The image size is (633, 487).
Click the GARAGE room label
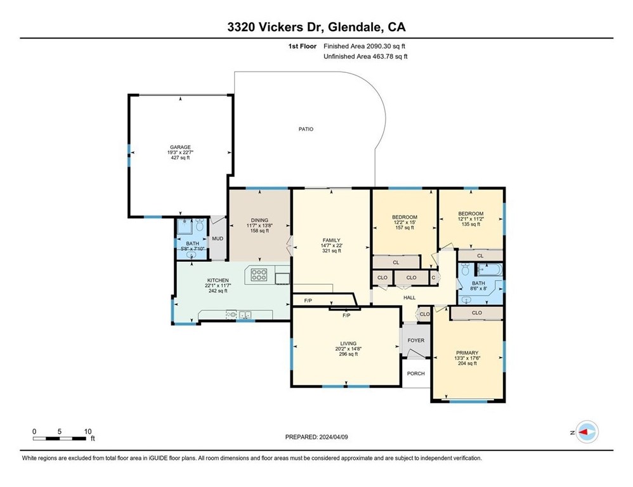pos(180,147)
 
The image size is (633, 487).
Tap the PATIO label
pos(306,129)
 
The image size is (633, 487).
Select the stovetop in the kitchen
pos(259,275)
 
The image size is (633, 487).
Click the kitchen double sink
pos(245,315)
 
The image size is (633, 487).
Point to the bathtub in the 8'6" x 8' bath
pos(489,269)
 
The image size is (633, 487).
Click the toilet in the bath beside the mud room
pos(199,224)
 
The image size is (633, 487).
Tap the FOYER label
pos(416,341)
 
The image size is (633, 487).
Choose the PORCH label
pos(416,373)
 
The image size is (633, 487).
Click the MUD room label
pos(218,238)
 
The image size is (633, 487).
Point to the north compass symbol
pos(587,432)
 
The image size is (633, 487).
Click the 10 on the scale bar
pos(88,432)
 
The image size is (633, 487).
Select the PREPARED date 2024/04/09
pos(334,437)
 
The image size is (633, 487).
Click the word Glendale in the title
pos(355,27)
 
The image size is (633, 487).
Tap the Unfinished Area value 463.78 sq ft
pos(389,56)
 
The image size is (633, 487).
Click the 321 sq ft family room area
pos(332,250)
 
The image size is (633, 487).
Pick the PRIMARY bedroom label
pos(467,353)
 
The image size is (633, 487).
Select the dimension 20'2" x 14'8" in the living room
pos(348,349)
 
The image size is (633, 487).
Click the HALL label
pos(409,298)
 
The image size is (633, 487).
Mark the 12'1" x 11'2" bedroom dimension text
pos(471,219)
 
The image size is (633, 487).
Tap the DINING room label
pos(259,220)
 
